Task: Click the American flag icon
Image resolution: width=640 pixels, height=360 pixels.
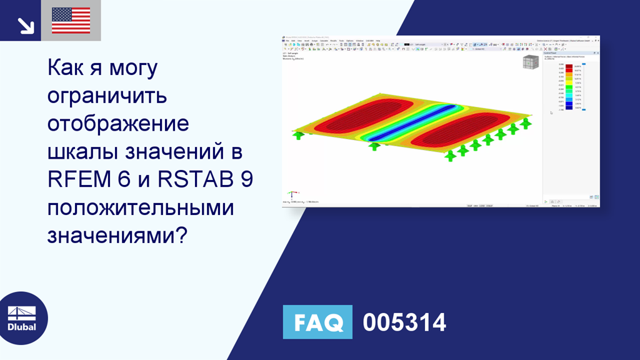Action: (x=71, y=21)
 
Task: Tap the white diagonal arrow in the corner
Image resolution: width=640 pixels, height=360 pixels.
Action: (x=25, y=25)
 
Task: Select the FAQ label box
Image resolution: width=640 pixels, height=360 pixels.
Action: (x=317, y=322)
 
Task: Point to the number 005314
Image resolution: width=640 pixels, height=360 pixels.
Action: (x=404, y=322)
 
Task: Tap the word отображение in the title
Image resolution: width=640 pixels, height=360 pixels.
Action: (x=118, y=123)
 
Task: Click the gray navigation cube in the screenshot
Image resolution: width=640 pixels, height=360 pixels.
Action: (x=530, y=62)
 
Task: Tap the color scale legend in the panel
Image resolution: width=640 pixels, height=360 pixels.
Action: (x=569, y=87)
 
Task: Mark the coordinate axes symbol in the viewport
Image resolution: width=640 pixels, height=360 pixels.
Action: (x=290, y=196)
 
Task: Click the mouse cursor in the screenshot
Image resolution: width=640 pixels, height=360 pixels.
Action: (x=551, y=113)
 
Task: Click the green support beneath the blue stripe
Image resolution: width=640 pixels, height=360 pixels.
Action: (x=374, y=146)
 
